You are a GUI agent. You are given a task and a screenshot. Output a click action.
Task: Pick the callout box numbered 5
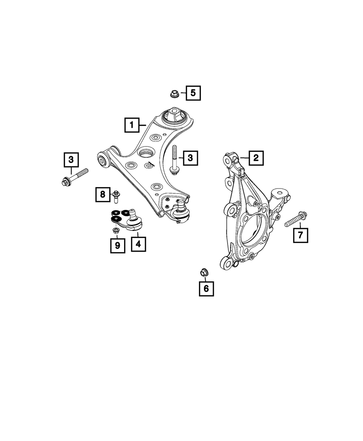click(193, 93)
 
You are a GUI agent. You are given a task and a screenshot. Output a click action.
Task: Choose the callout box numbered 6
click(206, 289)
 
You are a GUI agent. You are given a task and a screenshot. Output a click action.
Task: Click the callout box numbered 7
click(301, 235)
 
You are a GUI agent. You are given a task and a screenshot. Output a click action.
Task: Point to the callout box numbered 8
click(103, 194)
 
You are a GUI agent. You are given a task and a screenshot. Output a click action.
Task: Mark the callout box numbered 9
click(117, 246)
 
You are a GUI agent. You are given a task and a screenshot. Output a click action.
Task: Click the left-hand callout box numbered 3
click(71, 159)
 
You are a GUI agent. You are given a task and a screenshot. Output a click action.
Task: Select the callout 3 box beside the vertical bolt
click(190, 158)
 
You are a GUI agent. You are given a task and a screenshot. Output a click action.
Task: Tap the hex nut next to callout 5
click(173, 94)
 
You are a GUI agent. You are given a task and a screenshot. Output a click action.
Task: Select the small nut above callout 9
click(116, 231)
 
